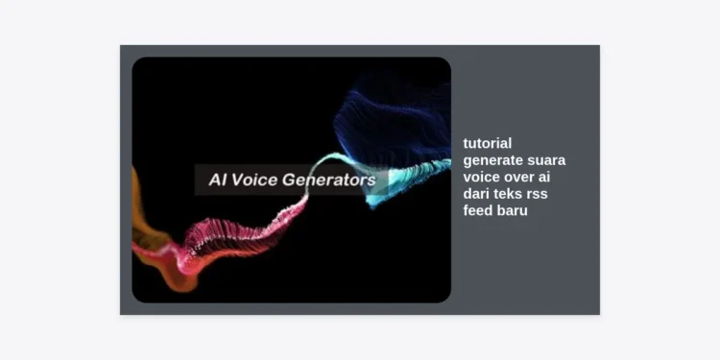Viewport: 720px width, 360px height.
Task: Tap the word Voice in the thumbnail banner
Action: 255,180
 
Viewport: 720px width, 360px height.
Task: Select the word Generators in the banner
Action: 329,180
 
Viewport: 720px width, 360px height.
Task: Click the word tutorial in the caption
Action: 488,143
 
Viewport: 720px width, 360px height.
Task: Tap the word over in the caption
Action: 520,177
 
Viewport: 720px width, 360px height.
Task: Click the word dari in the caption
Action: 477,194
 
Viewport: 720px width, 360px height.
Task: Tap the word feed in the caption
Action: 478,210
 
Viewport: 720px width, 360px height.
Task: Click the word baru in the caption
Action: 514,210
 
